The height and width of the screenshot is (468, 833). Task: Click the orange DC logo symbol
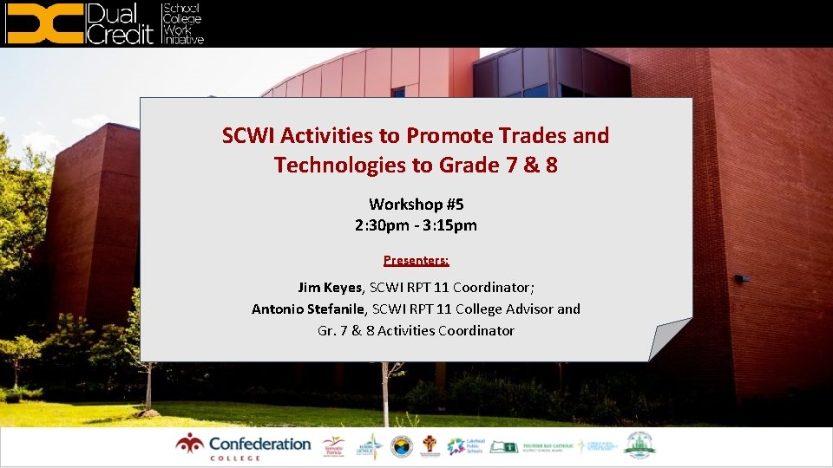pyautogui.click(x=43, y=23)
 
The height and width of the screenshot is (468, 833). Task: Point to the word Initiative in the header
pyautogui.click(x=183, y=39)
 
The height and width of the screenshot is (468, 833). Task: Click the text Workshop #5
pyautogui.click(x=416, y=205)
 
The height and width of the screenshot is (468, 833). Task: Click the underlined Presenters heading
pyautogui.click(x=416, y=260)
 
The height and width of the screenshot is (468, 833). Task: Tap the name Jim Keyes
pyautogui.click(x=330, y=287)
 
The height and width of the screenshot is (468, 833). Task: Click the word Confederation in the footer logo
pyautogui.click(x=259, y=444)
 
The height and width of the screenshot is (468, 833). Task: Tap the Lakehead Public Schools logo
pyautogui.click(x=466, y=446)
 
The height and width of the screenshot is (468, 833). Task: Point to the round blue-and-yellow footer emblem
pyautogui.click(x=401, y=446)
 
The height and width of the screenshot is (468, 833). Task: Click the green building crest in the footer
pyautogui.click(x=640, y=445)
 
